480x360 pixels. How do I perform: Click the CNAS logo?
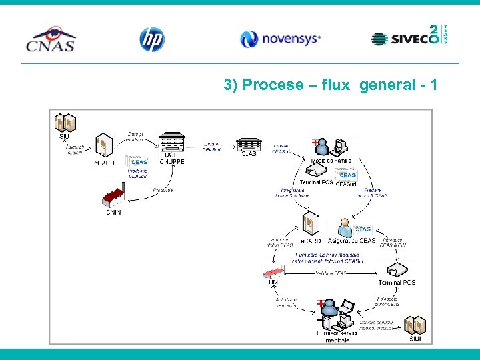[51, 39]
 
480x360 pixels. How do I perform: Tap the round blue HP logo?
[151, 39]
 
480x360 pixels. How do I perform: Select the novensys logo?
[280, 39]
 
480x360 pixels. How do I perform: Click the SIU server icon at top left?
[65, 123]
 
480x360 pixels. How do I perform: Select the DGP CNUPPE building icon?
[171, 142]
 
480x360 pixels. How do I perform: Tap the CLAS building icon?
[249, 143]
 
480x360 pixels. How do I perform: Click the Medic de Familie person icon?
[322, 146]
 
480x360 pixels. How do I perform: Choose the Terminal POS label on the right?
[397, 283]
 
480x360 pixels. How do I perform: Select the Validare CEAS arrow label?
[331, 273]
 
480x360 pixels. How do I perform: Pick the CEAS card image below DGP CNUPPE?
[138, 161]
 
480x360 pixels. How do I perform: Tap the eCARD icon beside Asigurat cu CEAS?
[311, 225]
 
